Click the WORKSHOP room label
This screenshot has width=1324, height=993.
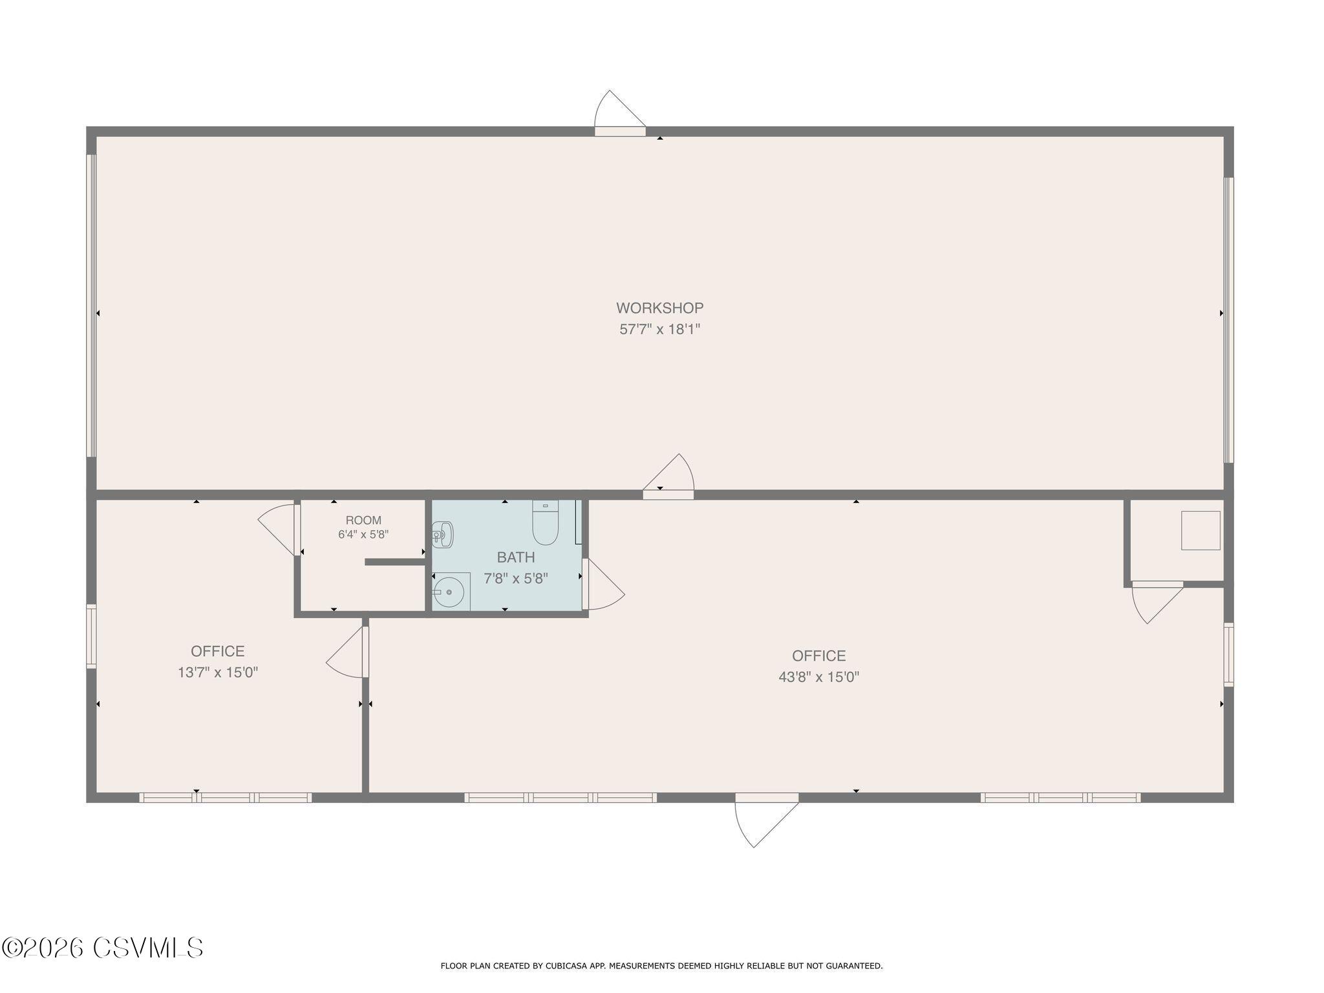click(x=659, y=308)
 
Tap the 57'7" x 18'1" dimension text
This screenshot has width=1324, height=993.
click(x=660, y=329)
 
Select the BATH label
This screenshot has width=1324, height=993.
click(x=516, y=557)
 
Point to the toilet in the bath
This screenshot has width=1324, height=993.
click(x=545, y=522)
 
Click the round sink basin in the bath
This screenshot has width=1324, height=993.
click(x=449, y=592)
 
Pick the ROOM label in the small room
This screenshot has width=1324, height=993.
click(x=363, y=520)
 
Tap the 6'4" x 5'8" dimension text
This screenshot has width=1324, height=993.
click(x=363, y=535)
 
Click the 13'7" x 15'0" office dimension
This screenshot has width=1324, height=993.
click(x=218, y=672)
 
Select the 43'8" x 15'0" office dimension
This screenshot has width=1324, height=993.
click(x=819, y=677)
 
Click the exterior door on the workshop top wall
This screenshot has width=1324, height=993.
click(x=619, y=114)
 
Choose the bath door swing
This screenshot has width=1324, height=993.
click(x=603, y=584)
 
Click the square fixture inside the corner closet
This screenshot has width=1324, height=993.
click(x=1201, y=531)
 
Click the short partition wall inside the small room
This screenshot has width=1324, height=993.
click(x=394, y=562)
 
